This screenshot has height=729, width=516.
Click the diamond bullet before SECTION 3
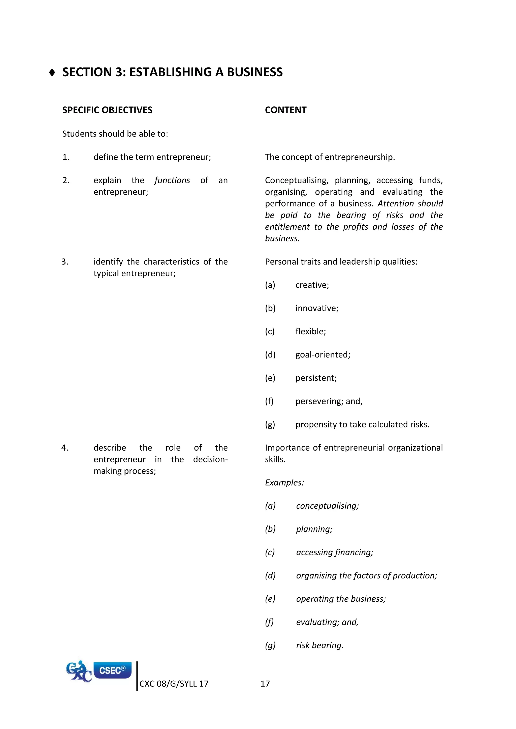click(52, 73)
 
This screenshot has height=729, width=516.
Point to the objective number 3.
click(65, 262)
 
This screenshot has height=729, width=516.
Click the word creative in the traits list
click(312, 285)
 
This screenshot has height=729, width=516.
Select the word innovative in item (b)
click(316, 308)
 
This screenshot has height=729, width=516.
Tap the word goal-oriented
click(322, 355)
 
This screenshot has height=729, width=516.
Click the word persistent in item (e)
click(315, 378)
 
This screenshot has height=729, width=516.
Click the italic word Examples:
click(284, 483)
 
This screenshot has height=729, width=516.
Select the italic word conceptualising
click(327, 506)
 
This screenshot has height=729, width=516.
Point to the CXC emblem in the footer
click(78, 671)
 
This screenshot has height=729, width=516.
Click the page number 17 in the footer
click(265, 684)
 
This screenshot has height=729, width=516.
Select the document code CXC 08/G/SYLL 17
click(174, 684)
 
